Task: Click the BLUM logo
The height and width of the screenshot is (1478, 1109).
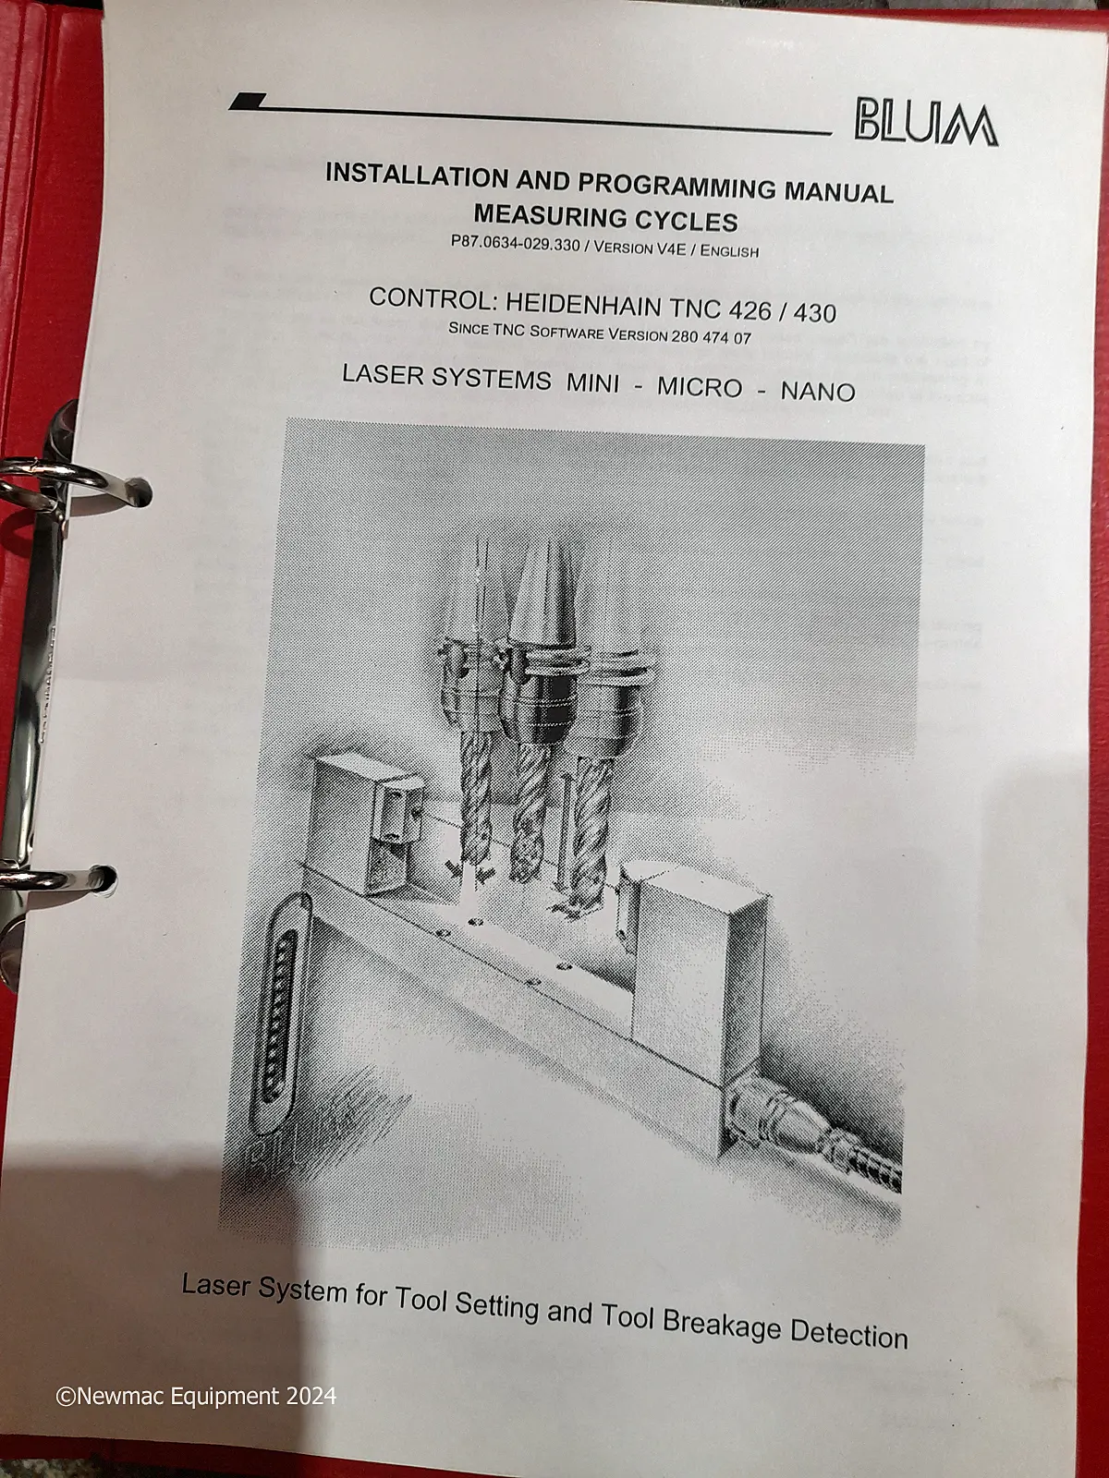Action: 926,126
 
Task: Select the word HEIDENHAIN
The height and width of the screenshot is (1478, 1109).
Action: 584,305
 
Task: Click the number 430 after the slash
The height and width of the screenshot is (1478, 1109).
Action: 815,312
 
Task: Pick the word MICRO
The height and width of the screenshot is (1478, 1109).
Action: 701,387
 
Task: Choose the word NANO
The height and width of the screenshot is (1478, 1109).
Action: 818,392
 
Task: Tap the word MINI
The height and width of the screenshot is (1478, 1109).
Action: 592,383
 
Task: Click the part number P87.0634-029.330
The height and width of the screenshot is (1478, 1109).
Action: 515,244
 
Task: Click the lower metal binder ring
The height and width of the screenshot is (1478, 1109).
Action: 57,877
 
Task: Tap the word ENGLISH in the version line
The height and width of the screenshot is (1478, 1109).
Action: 729,250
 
